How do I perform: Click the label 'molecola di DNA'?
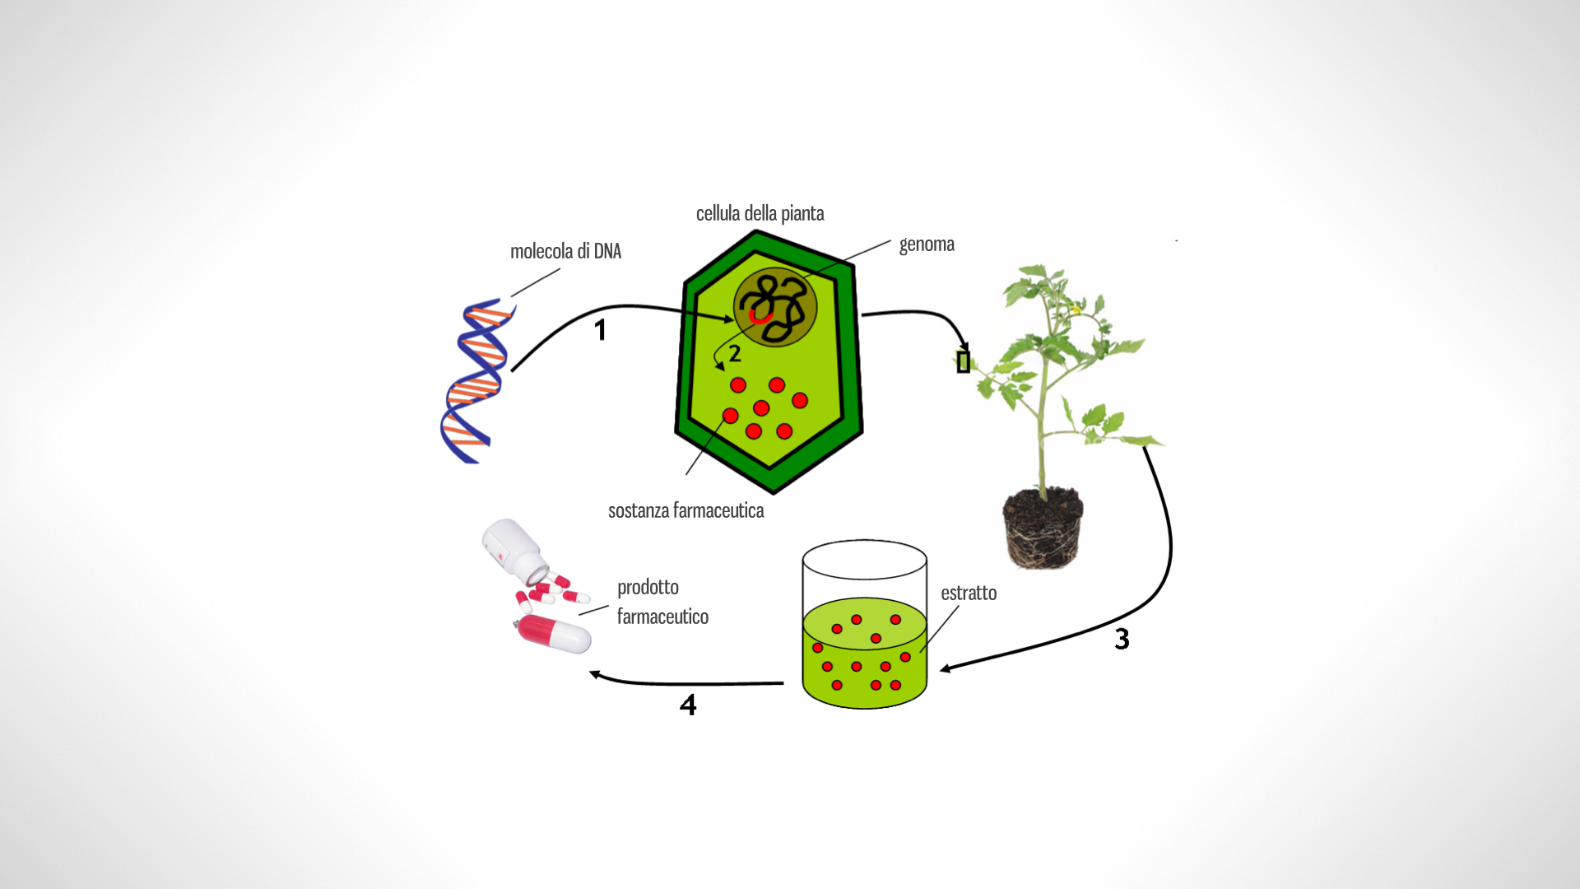click(x=565, y=251)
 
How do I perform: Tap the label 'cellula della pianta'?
click(x=760, y=213)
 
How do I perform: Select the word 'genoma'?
click(x=927, y=244)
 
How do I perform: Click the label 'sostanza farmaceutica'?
click(x=685, y=510)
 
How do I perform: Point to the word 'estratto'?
click(x=969, y=593)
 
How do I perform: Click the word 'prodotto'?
click(x=648, y=587)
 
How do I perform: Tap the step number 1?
click(x=601, y=330)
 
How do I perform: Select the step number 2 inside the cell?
click(x=735, y=354)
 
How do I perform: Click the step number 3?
click(x=1122, y=639)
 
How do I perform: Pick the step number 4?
click(x=688, y=705)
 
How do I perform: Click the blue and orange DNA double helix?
click(x=476, y=381)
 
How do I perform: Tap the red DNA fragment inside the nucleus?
click(x=760, y=316)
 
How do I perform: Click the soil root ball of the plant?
click(x=1043, y=528)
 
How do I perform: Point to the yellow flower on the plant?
click(x=1076, y=310)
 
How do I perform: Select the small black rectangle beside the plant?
click(x=964, y=361)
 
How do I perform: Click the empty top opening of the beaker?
click(x=864, y=561)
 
